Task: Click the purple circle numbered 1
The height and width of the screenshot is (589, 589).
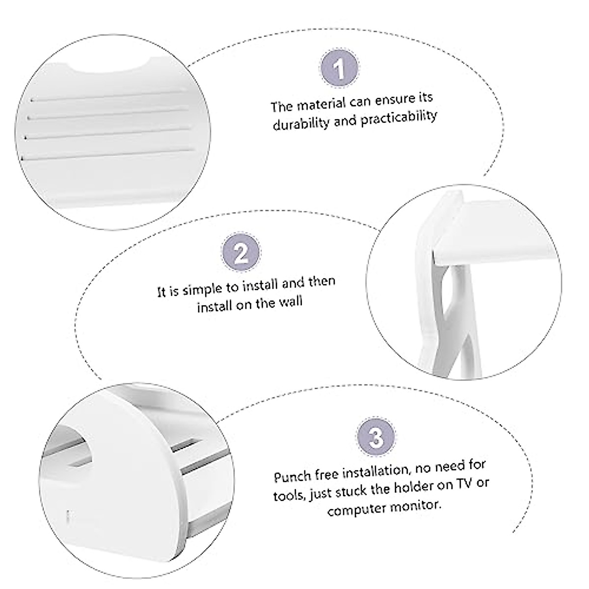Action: tap(339, 70)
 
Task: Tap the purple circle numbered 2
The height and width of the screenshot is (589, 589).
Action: tap(241, 254)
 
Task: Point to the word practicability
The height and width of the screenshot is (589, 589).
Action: tap(398, 118)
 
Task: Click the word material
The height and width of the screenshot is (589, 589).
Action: tap(321, 105)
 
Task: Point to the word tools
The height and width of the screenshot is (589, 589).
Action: tap(289, 495)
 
